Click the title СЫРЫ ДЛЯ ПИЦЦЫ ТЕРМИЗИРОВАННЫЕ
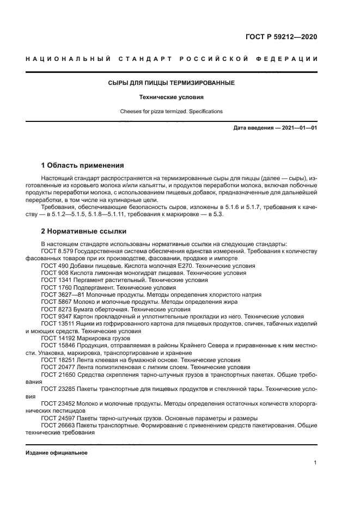[171, 83]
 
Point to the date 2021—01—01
[298, 128]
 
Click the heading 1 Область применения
[83, 165]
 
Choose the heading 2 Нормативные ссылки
[84, 230]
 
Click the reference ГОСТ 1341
[56, 280]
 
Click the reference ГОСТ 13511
[58, 323]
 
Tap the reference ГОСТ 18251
[58, 360]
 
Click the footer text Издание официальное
[56, 453]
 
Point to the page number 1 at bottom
[315, 463]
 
